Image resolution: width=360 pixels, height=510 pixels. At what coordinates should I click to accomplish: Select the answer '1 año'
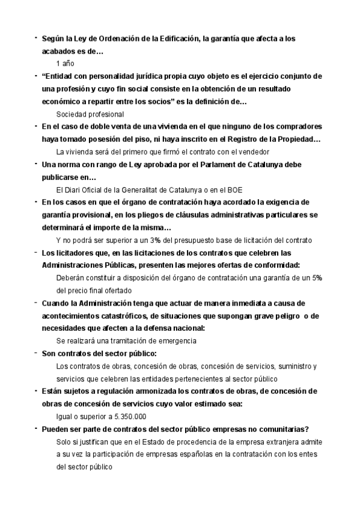(x=66, y=64)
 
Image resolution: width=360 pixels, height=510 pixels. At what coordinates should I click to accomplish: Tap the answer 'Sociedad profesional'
(x=90, y=114)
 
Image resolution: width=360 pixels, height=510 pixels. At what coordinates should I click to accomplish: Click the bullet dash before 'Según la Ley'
(x=36, y=38)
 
